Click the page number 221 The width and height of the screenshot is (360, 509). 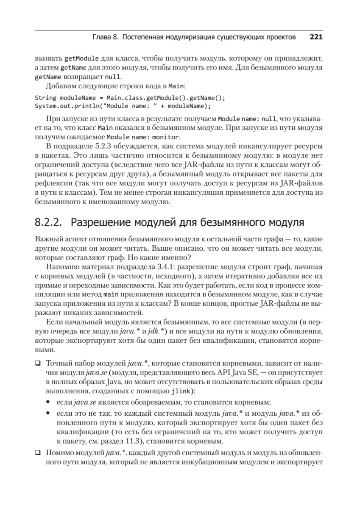[316, 37]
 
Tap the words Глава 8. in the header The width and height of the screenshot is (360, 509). [104, 37]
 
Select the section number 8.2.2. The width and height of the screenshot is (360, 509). [47, 222]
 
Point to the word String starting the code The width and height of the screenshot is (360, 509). [44, 98]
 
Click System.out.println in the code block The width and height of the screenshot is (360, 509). [67, 105]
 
